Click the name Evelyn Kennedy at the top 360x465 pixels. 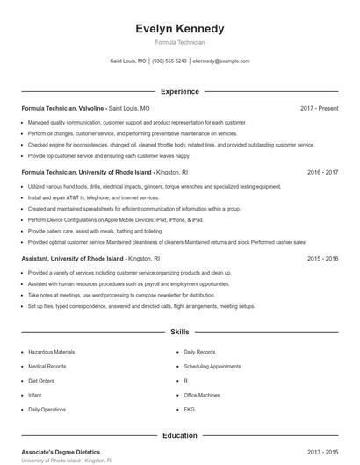(179, 29)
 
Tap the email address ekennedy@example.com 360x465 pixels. (220, 61)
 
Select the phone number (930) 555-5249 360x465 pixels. (169, 61)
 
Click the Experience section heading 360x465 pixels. (179, 91)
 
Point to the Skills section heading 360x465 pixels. (179, 333)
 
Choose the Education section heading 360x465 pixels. (179, 435)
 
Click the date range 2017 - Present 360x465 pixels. (319, 108)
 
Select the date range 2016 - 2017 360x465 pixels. (322, 173)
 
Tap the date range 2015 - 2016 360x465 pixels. (322, 259)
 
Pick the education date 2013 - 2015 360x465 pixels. (322, 452)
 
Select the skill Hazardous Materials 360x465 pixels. (51, 352)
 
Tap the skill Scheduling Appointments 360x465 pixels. (212, 366)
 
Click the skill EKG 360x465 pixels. (189, 409)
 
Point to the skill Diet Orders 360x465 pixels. (41, 381)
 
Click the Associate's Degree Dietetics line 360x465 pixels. (61, 452)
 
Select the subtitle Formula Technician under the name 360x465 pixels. (179, 42)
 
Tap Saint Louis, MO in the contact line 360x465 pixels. (128, 61)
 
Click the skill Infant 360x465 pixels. (35, 395)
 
